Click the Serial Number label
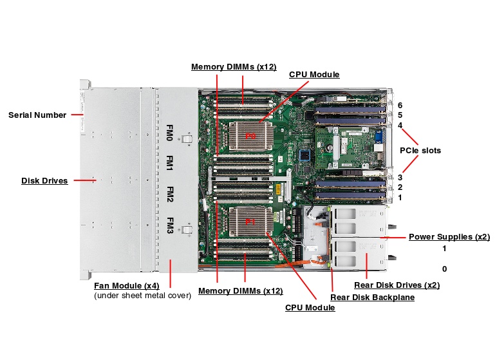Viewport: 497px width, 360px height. pos(37,115)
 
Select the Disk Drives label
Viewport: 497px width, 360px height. pos(44,181)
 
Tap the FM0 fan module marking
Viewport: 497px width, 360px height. pos(170,133)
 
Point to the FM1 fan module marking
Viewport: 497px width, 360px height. pos(170,164)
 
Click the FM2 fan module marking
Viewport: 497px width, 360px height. pos(170,194)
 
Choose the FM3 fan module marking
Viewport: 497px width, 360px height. pos(170,225)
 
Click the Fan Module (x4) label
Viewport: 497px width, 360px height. pos(126,285)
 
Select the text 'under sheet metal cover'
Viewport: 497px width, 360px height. pos(142,296)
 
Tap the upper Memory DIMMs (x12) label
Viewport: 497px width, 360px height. pos(233,67)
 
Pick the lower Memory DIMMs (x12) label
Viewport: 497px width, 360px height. pos(240,291)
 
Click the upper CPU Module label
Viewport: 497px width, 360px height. pos(314,74)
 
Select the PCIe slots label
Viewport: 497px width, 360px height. pos(420,151)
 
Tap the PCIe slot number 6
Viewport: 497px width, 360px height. pos(400,105)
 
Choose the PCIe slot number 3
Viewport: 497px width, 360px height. pos(400,177)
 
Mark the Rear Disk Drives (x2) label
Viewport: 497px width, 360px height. pos(397,285)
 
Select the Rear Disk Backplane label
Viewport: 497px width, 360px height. pos(371,297)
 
